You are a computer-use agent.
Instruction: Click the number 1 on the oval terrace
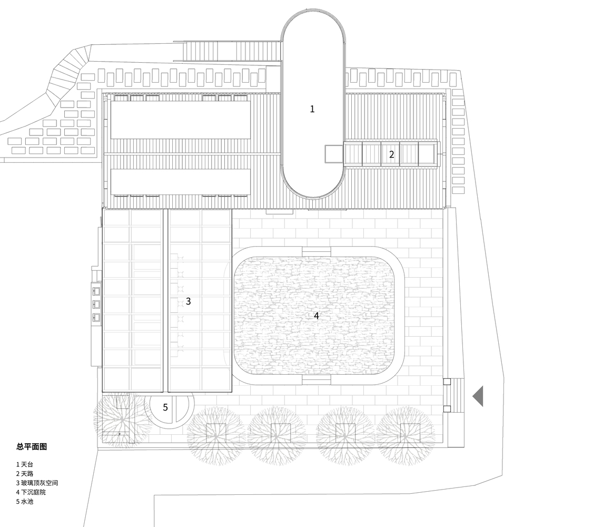coord(312,109)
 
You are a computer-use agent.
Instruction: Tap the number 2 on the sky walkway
coord(391,154)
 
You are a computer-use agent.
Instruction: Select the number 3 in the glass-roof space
coord(189,301)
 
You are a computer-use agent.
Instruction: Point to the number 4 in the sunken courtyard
coord(317,316)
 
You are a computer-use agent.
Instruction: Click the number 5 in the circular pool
coord(165,407)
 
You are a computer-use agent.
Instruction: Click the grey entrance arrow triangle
coord(479,396)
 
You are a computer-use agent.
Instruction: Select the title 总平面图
coord(32,446)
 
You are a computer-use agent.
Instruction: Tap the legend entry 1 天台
coord(25,464)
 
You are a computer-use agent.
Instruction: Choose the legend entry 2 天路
coord(25,474)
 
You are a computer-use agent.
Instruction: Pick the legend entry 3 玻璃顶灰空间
coord(37,483)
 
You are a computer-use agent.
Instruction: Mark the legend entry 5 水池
coord(25,502)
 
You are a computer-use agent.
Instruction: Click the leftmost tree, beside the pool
coord(120,417)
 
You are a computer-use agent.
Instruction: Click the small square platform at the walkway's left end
coord(334,153)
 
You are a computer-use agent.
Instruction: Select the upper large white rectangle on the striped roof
coord(181,120)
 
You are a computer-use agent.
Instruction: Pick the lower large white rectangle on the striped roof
coord(181,182)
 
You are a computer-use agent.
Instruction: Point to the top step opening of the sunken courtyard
coord(317,251)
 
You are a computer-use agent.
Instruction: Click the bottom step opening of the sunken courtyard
coord(317,380)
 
